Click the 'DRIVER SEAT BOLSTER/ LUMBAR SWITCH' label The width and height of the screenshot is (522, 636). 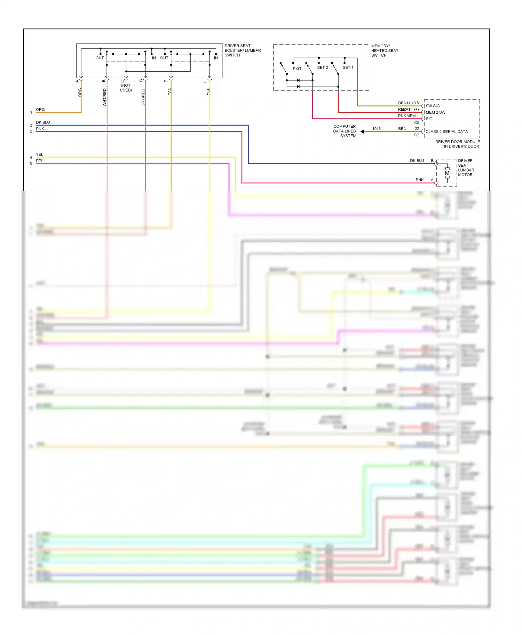point(242,50)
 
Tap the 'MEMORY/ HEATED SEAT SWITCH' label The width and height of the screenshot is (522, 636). point(384,50)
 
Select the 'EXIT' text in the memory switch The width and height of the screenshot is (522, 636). point(297,69)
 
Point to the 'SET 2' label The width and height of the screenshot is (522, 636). point(322,67)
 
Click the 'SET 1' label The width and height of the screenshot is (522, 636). point(348,67)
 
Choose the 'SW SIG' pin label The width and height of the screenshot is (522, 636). point(433,106)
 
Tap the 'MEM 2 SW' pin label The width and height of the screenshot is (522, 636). point(435,112)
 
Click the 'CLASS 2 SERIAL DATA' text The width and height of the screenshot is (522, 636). point(446,132)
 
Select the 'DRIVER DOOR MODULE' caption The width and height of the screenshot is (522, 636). point(457,142)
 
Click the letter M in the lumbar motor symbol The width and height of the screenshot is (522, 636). point(447,173)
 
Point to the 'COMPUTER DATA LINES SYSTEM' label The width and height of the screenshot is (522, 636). point(345,131)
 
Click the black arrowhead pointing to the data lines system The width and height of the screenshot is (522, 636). point(362,132)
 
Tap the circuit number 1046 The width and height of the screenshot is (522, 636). point(376,129)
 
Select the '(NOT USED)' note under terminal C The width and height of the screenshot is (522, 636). point(126,88)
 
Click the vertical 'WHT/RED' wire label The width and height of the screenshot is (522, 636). point(104,97)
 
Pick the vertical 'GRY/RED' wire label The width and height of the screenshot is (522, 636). point(143,97)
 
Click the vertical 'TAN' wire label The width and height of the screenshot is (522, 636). point(169,91)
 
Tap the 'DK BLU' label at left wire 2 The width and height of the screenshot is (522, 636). point(43,122)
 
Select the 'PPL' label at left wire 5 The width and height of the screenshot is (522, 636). point(40,161)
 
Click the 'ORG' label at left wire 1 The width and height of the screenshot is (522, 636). point(40,110)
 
